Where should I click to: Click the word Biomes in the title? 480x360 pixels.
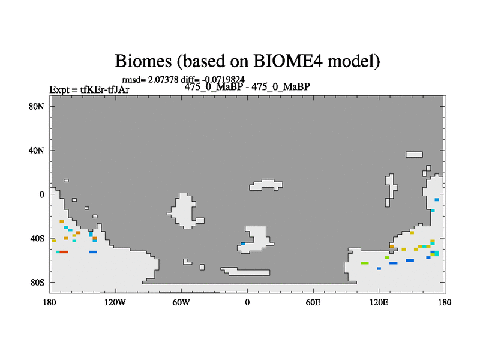143,61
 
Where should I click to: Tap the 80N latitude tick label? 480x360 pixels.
37,107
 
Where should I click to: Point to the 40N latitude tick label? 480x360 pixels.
37,151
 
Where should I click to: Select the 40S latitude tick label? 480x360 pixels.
37,238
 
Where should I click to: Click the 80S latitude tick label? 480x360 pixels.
37,283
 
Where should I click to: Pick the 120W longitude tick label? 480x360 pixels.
115,302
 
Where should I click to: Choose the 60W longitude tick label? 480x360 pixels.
181,302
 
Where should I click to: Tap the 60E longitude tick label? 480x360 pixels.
313,302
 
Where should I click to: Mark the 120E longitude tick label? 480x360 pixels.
379,302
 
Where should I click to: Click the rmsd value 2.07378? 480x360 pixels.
163,80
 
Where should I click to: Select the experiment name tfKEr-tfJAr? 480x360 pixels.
104,89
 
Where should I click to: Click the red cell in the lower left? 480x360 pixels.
64,252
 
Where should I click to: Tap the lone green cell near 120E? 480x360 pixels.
365,263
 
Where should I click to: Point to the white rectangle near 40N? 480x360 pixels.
414,155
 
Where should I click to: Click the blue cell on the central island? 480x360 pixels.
243,244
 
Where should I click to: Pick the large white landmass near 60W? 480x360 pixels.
185,211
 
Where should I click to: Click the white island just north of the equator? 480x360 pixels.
266,185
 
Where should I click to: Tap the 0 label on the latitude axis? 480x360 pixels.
41,194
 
